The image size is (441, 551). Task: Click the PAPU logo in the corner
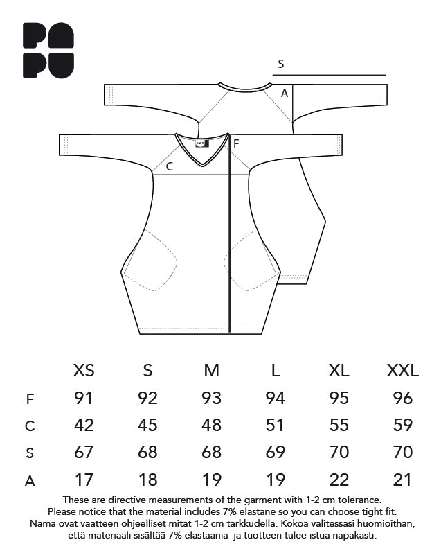coord(48,51)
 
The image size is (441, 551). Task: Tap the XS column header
coord(84,370)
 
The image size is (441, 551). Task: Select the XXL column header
coord(403,370)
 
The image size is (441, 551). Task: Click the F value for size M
coord(211,398)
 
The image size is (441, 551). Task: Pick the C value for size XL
coord(339,425)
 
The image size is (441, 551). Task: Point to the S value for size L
coord(276,453)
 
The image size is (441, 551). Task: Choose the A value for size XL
coord(339,480)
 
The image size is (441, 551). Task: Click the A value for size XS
coord(84,480)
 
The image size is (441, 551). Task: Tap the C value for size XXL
coord(403,425)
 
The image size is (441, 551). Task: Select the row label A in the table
coord(30,481)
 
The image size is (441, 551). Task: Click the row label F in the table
coord(30,399)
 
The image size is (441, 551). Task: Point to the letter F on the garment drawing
coord(236,143)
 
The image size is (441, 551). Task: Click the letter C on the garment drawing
coord(169,166)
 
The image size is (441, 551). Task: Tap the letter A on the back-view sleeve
coord(285,93)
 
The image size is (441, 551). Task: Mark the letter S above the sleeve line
coord(280,64)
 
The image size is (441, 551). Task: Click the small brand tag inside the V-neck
coord(203,143)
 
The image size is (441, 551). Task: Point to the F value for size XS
coord(84,398)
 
